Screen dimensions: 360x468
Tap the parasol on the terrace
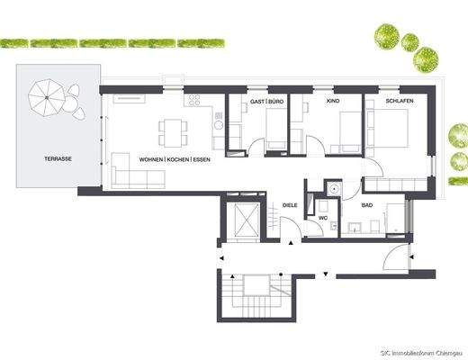click(45, 94)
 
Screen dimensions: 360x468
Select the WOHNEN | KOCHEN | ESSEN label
click(175, 159)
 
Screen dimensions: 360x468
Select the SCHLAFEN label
click(399, 102)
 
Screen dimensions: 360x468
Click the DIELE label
click(290, 205)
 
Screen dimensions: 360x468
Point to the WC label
click(321, 218)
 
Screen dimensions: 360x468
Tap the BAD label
click(367, 205)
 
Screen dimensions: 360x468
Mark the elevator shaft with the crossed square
click(242, 220)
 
